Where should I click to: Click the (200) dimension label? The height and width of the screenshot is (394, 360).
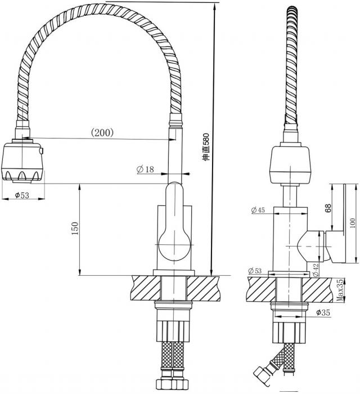(x=102, y=132)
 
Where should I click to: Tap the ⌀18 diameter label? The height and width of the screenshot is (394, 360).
(x=145, y=169)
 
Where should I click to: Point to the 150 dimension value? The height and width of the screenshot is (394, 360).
(x=75, y=228)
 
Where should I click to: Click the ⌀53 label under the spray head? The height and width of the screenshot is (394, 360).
(x=22, y=195)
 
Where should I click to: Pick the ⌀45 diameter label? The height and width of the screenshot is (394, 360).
(x=258, y=210)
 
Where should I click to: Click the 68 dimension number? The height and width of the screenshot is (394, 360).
(x=328, y=208)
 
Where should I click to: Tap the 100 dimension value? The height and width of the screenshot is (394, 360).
(x=353, y=223)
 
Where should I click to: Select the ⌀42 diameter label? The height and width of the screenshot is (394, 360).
(x=316, y=270)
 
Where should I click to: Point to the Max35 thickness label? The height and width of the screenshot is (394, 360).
(x=340, y=290)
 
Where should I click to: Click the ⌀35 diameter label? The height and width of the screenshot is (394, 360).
(x=323, y=312)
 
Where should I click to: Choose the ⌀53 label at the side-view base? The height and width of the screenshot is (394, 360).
(x=255, y=271)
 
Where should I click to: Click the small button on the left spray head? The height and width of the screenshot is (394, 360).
(x=41, y=151)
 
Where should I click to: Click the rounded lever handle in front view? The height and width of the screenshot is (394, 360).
(x=174, y=222)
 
